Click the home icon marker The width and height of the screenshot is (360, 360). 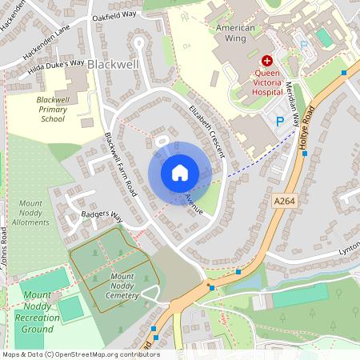179,173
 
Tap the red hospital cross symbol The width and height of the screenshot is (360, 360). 267,60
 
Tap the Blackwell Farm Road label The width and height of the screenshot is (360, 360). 122,165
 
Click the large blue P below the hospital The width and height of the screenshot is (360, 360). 279,122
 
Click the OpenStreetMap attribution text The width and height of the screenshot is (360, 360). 81,354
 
